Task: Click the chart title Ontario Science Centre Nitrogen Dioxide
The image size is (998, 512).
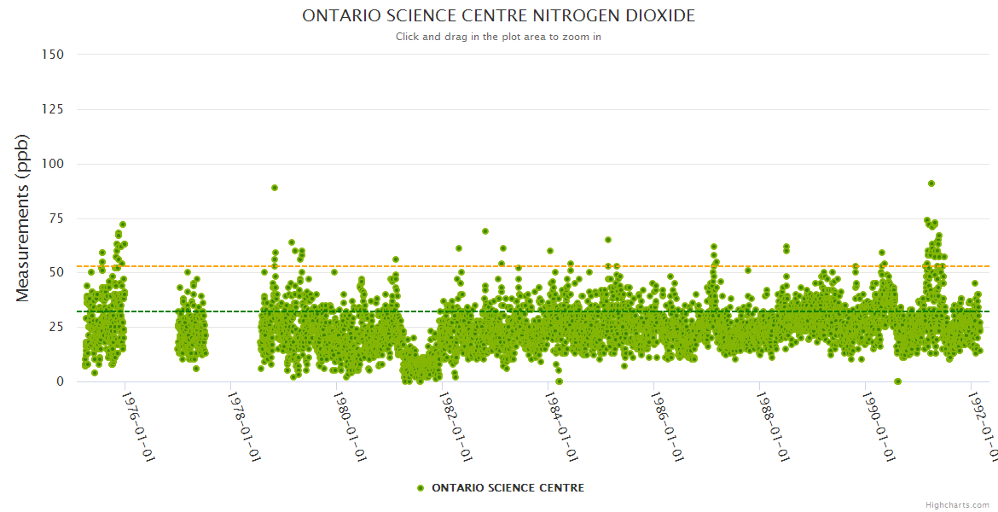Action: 498,16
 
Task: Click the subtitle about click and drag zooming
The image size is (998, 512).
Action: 498,37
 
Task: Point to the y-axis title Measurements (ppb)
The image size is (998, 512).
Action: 23,218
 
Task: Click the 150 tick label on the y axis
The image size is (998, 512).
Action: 52,55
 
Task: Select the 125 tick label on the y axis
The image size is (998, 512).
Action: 52,109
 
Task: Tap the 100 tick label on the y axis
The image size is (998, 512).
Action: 52,164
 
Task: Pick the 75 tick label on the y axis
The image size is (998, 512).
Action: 55,218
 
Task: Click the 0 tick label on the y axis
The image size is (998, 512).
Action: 60,381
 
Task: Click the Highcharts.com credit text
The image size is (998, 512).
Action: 957,504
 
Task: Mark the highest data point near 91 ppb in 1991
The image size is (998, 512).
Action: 931,183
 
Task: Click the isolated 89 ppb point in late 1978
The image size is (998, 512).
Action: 275,188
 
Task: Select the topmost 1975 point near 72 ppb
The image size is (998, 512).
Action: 123,224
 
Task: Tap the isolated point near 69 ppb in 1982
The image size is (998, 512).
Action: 485,231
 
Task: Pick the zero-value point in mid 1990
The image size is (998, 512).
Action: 897,381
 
